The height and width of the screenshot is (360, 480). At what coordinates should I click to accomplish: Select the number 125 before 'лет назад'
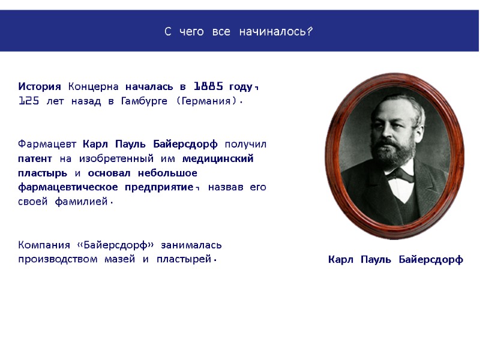click(29, 101)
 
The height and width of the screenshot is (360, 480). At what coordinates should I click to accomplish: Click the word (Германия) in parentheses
click(207, 101)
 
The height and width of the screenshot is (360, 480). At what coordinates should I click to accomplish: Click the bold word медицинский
click(218, 159)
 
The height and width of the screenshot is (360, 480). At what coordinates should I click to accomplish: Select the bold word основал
click(109, 173)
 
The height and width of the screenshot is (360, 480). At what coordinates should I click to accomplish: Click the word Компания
click(44, 245)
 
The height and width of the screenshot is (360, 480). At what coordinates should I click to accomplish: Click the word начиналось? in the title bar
click(275, 31)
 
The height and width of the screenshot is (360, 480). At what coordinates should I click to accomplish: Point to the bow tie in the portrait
click(400, 175)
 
